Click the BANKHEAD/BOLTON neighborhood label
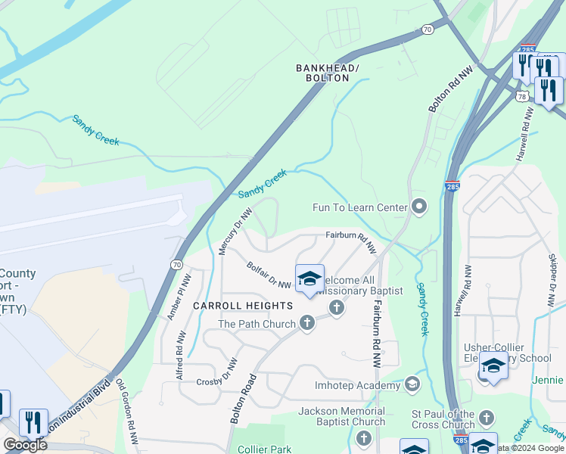(328, 73)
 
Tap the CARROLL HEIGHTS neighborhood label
(242, 305)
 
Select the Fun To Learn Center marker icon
(420, 207)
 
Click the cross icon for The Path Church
(307, 323)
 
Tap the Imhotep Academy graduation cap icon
(412, 384)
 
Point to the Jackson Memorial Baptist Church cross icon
(364, 438)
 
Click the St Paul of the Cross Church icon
(486, 418)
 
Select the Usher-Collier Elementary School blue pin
(493, 366)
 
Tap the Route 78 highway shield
(522, 96)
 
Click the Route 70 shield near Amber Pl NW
(176, 264)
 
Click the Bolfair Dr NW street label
(269, 275)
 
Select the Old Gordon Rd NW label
(128, 417)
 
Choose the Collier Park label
(264, 449)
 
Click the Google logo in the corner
(25, 445)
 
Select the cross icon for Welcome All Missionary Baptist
(337, 307)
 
